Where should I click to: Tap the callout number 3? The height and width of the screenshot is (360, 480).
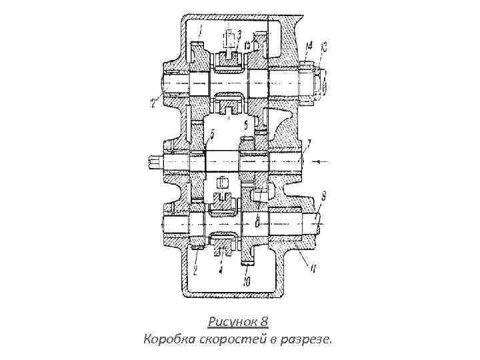click(239, 33)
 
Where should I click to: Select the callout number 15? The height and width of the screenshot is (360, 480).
click(247, 44)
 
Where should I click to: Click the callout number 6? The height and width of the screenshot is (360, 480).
click(245, 124)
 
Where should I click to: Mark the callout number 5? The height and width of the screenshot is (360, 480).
click(211, 136)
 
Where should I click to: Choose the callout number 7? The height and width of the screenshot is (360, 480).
click(309, 142)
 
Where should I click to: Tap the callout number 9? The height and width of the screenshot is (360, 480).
click(323, 195)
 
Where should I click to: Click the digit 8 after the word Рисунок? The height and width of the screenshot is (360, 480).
click(264, 322)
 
